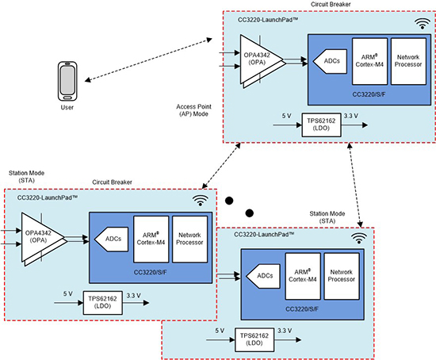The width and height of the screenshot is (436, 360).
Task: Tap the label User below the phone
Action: pyautogui.click(x=67, y=106)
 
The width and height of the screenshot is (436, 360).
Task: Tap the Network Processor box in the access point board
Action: pyautogui.click(x=407, y=61)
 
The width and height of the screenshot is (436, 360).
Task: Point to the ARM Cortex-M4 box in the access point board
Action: pyautogui.click(x=369, y=61)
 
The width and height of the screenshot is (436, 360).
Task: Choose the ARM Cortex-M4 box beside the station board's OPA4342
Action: pyautogui.click(x=150, y=239)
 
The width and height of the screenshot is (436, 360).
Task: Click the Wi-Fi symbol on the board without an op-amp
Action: pyautogui.click(x=360, y=236)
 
